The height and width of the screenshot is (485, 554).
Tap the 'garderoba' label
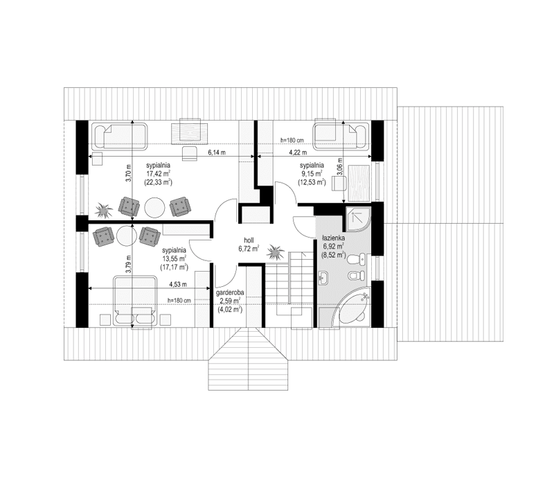point(229,292)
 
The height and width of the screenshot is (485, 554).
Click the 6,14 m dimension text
point(217,153)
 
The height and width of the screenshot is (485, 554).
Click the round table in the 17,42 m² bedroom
point(153,206)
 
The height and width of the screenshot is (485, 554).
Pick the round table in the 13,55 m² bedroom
point(125,236)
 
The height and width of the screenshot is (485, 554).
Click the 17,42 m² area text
point(159,174)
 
